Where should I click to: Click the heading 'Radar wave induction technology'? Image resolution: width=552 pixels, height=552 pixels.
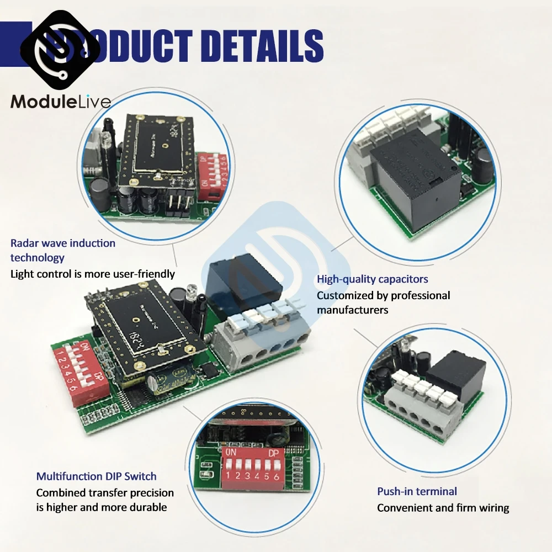tap(63, 250)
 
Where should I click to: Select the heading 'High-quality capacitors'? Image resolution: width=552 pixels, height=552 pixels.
tap(373, 279)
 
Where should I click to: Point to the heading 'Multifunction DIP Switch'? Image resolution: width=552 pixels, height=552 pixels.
tap(97, 476)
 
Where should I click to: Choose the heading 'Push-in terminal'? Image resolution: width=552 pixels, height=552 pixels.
tap(417, 491)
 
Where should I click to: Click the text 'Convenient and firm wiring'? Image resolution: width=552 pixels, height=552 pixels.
tap(443, 508)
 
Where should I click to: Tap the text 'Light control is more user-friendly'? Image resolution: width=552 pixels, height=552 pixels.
tap(93, 274)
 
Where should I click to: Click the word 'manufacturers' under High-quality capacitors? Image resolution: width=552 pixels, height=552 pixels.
tap(352, 310)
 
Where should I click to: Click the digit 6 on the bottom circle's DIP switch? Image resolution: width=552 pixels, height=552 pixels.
tap(276, 476)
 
